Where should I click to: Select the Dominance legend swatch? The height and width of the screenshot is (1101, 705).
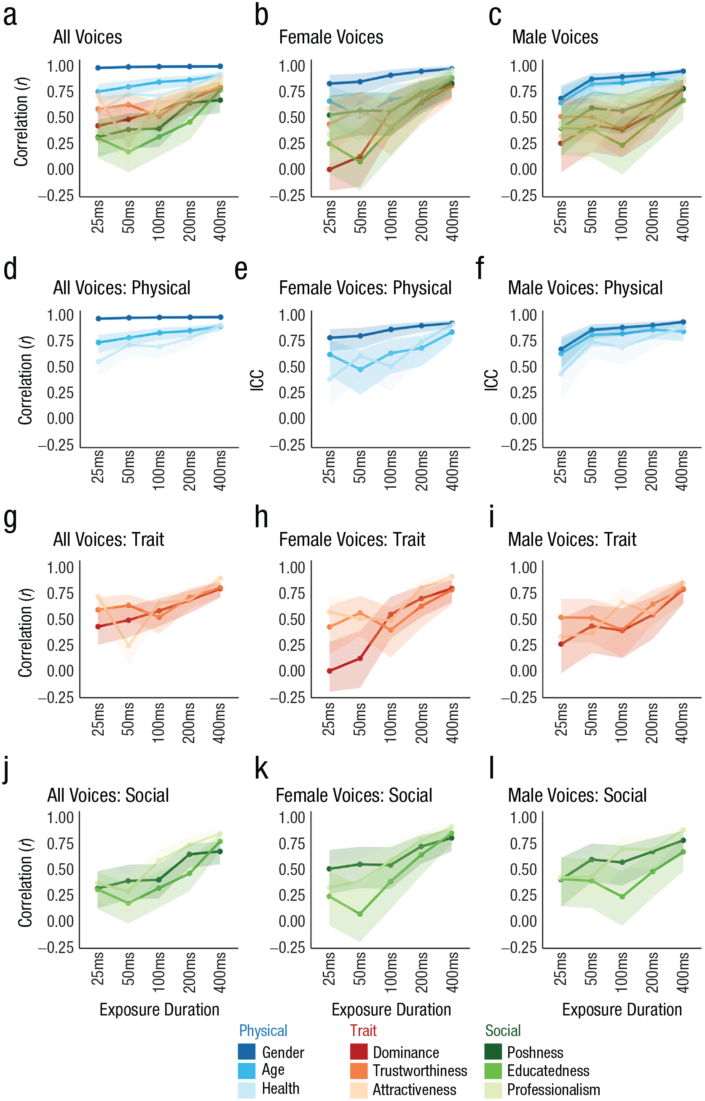(359, 1052)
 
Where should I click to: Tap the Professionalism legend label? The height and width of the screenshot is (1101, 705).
(553, 1090)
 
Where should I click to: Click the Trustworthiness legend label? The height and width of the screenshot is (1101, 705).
(420, 1071)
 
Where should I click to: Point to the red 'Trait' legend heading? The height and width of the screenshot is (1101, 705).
(363, 1031)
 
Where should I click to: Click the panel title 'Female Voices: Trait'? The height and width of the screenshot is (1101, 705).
(352, 539)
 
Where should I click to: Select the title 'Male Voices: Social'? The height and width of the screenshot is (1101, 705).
(577, 795)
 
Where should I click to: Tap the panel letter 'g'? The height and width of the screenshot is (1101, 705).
(10, 520)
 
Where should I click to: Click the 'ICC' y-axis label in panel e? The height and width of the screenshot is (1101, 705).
(257, 380)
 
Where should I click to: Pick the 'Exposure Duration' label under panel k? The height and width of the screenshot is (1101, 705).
(391, 1010)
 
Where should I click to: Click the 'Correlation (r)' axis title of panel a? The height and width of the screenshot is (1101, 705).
(21, 122)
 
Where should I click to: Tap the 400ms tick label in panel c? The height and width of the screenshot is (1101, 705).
(682, 220)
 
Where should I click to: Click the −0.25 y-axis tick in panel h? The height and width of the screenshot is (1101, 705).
(287, 698)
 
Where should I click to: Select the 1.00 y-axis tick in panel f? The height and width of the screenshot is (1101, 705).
(523, 315)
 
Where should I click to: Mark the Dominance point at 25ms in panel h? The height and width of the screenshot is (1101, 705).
(330, 671)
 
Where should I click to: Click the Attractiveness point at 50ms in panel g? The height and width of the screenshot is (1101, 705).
(129, 645)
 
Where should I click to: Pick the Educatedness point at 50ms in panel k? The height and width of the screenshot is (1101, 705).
(360, 914)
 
